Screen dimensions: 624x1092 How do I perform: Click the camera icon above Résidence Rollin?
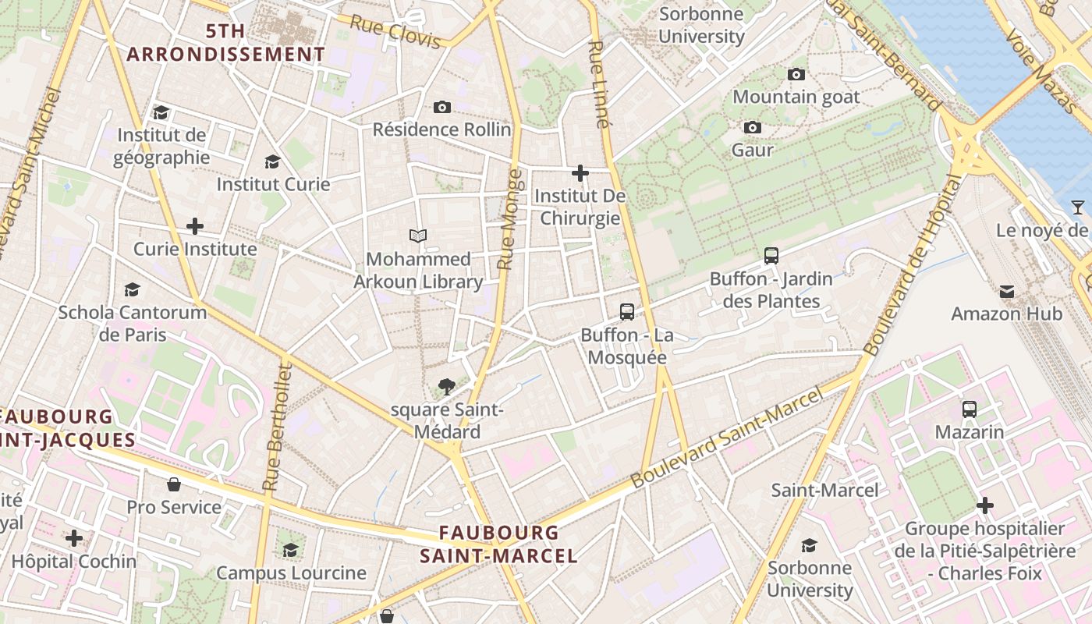point(442,107)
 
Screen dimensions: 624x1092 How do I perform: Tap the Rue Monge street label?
point(508,219)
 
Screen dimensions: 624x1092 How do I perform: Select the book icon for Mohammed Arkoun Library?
point(419,236)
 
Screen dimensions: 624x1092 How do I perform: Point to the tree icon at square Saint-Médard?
point(446,385)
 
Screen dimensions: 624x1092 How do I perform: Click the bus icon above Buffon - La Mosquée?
point(627,312)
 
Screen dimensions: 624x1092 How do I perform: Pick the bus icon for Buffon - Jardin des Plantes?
point(771,255)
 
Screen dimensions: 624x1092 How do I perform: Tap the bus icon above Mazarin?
point(970,409)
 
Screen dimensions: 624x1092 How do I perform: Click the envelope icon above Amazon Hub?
point(1007,292)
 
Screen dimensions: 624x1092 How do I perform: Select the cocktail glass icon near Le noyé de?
point(1078,207)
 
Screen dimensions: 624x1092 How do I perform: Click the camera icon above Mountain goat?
point(796,74)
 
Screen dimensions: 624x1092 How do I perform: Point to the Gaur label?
point(753,150)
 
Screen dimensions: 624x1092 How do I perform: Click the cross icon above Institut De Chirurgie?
point(580,173)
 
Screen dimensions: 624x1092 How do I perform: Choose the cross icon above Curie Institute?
point(195,227)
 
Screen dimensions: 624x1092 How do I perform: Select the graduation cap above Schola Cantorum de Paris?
point(133,290)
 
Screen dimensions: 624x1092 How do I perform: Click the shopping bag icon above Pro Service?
point(174,484)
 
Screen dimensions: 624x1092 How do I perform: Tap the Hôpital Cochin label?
point(74,562)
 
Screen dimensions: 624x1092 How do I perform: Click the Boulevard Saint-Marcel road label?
point(727,438)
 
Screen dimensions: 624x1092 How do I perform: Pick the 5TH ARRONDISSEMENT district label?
point(225,43)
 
